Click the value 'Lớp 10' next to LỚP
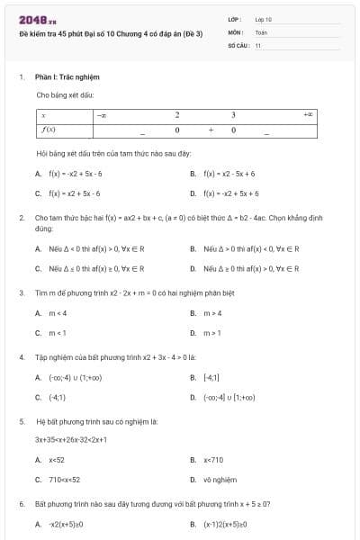pos(263,18)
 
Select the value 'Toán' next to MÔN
pos(261,31)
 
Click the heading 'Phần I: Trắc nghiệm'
pos(58,78)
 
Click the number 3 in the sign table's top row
pos(233,115)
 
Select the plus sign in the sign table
pos(210,130)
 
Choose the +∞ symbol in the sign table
pos(308,115)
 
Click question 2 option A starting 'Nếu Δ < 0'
pos(96,248)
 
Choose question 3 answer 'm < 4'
pos(58,313)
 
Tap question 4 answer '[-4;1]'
pos(211,378)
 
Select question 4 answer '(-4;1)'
pos(57,397)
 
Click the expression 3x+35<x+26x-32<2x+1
pos(71,440)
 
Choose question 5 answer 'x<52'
pos(57,460)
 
